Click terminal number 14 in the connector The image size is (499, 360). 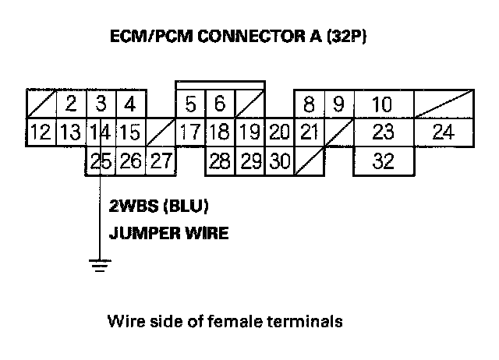pyautogui.click(x=99, y=132)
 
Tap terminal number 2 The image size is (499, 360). pyautogui.click(x=70, y=104)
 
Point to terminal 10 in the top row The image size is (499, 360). pyautogui.click(x=382, y=104)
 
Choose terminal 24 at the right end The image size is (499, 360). pyautogui.click(x=442, y=132)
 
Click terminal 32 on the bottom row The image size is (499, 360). pyautogui.click(x=383, y=162)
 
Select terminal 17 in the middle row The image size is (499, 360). pyautogui.click(x=190, y=132)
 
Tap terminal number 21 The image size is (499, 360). pyautogui.click(x=309, y=132)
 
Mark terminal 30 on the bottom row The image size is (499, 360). pyautogui.click(x=279, y=162)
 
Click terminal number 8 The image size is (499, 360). pyautogui.click(x=309, y=104)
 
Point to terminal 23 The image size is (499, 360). pyautogui.click(x=383, y=132)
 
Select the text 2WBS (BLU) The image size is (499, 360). pyautogui.click(x=160, y=207)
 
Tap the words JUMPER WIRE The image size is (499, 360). pyautogui.click(x=169, y=232)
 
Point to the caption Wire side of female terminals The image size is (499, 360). pyautogui.click(x=225, y=320)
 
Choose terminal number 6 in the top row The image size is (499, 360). pyautogui.click(x=219, y=104)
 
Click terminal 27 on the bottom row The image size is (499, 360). pyautogui.click(x=160, y=162)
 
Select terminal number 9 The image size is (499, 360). pyautogui.click(x=338, y=104)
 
